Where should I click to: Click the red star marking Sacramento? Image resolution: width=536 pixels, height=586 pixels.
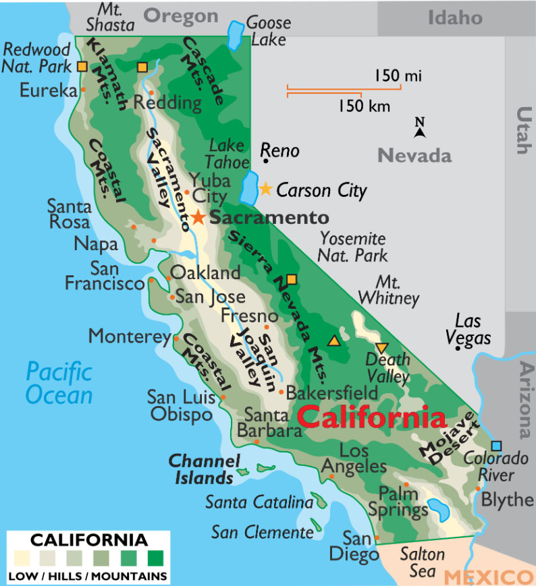tap(198, 217)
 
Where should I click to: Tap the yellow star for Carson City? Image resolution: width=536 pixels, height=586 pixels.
tap(266, 189)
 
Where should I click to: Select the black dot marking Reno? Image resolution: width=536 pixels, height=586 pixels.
tap(267, 160)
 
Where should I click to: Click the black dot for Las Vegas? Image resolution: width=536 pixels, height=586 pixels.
tap(458, 348)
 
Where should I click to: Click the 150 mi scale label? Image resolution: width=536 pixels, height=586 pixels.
tap(398, 76)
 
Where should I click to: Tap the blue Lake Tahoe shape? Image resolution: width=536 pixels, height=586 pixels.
tap(248, 187)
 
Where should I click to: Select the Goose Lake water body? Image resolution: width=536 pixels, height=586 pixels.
tap(234, 36)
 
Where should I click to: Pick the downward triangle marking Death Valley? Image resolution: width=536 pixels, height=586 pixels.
tap(381, 348)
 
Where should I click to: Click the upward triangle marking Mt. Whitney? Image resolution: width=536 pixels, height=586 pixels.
tap(333, 341)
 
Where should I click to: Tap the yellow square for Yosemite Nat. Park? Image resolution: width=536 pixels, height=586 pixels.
tap(292, 279)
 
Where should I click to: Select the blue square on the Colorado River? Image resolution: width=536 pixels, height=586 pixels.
tap(497, 446)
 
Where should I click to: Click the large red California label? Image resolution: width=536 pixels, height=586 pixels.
tap(371, 417)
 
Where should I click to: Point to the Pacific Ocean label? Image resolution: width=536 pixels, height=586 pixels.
tap(59, 382)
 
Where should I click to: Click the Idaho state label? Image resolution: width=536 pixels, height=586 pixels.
tap(455, 18)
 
